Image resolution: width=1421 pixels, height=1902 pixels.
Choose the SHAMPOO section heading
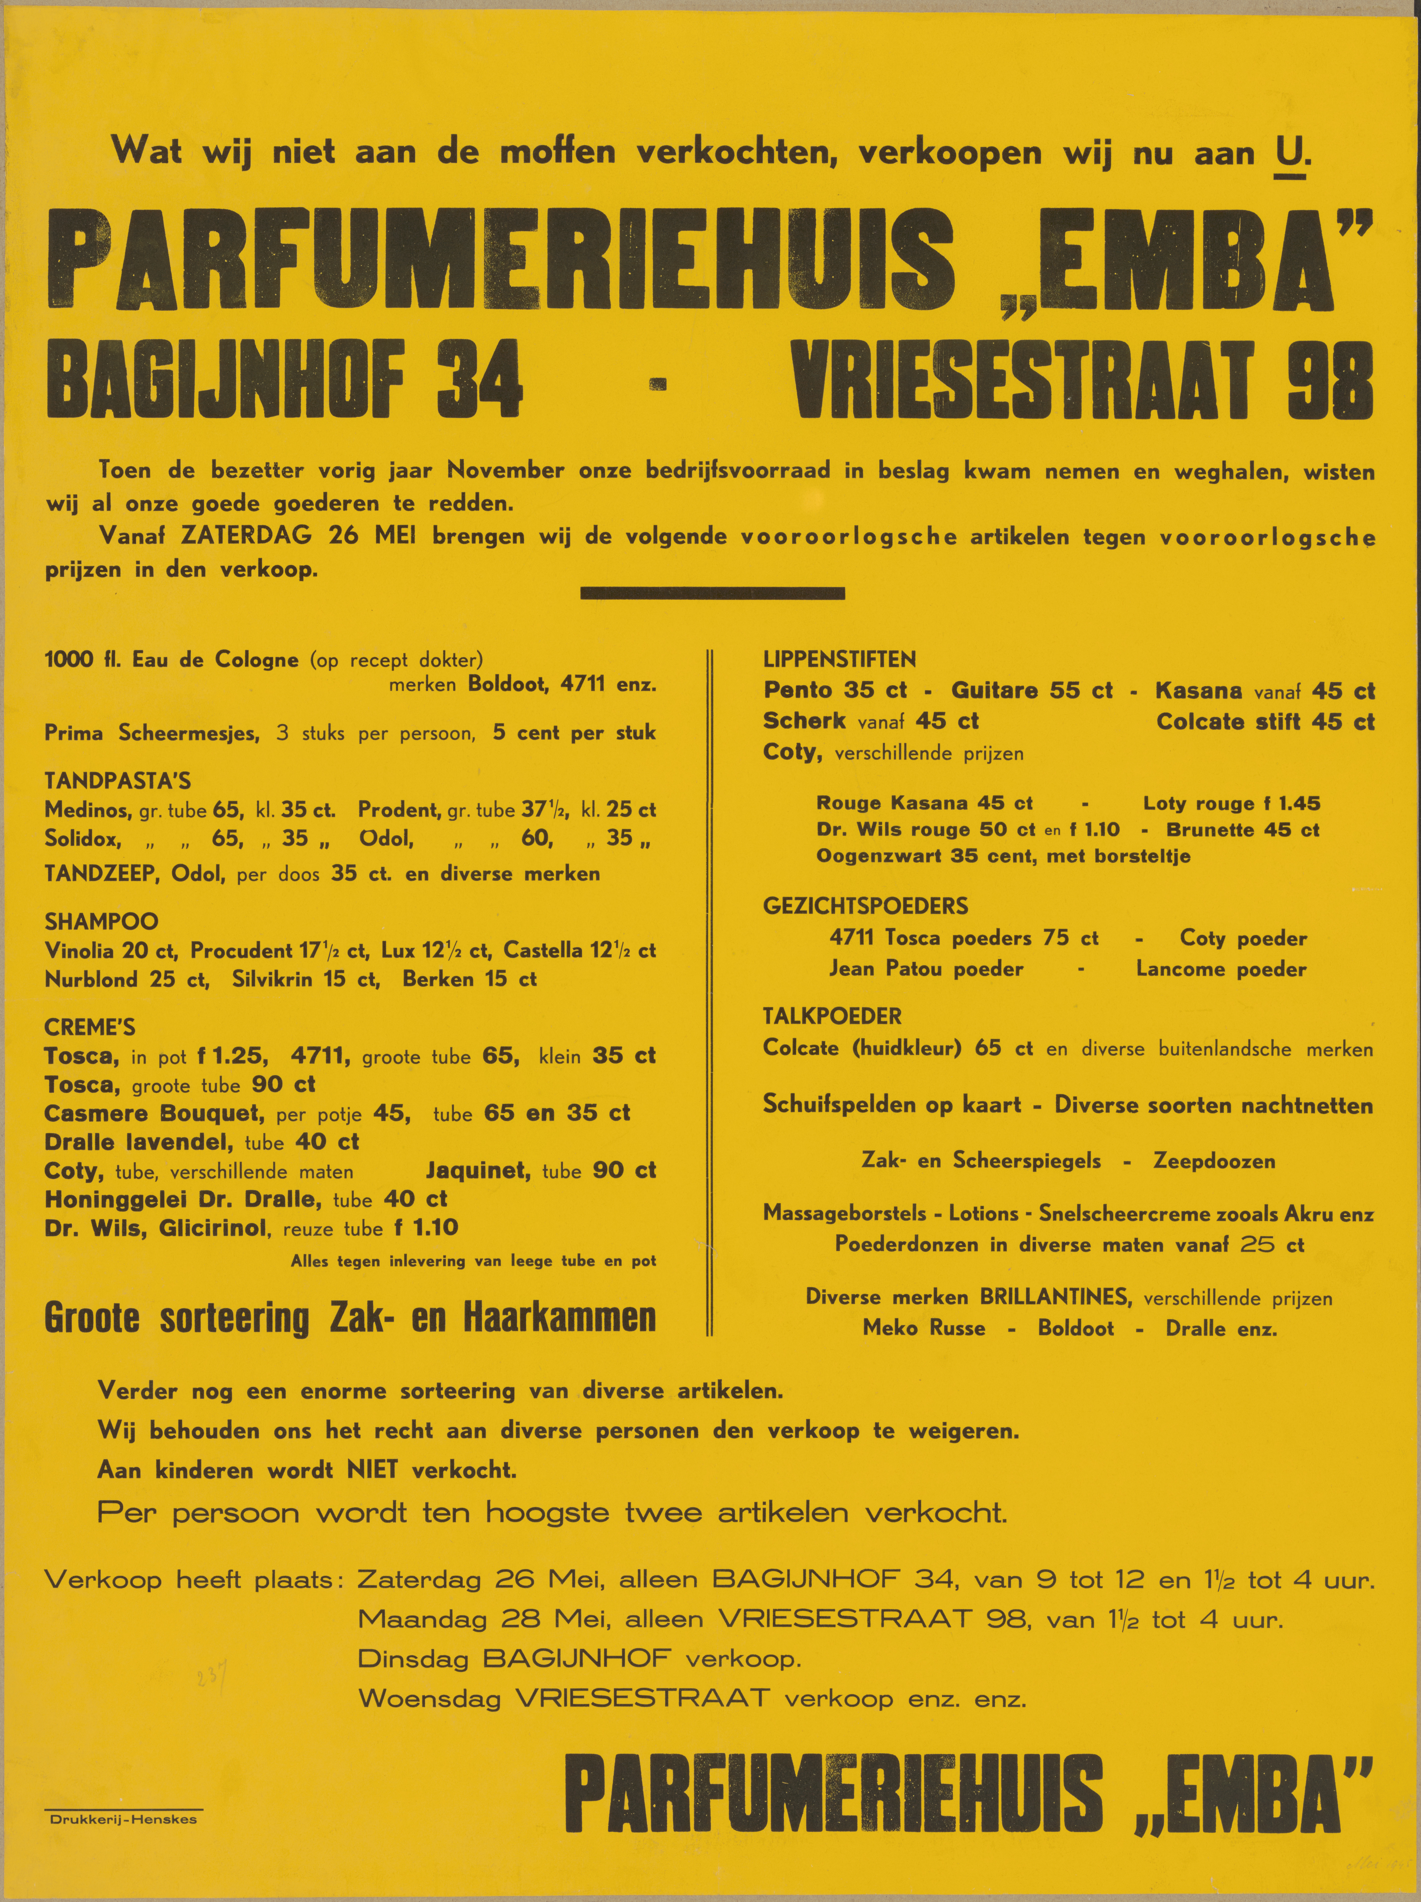tap(101, 922)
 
